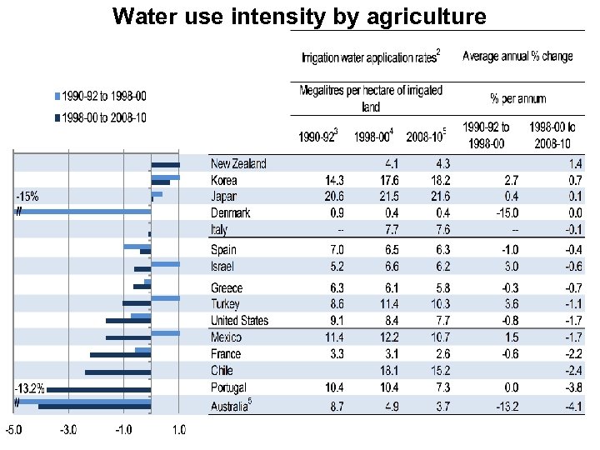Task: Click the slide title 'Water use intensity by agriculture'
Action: [x=300, y=16]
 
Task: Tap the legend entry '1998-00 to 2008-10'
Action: [x=100, y=117]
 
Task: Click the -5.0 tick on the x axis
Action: [x=15, y=430]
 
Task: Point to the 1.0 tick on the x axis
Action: [x=179, y=430]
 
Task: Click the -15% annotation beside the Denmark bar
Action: [x=27, y=196]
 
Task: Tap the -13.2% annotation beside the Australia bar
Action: [x=28, y=388]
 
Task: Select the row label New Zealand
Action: [x=238, y=163]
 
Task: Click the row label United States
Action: [x=240, y=320]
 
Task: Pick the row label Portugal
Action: [x=229, y=387]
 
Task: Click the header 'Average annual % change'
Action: [x=517, y=57]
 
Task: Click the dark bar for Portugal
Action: [x=98, y=389]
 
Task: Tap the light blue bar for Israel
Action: [x=165, y=264]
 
